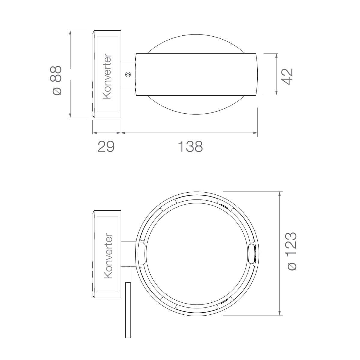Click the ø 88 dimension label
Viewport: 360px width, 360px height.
56,80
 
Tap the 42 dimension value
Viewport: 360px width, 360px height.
287,76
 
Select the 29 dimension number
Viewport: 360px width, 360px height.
106,147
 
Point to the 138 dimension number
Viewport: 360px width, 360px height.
190,147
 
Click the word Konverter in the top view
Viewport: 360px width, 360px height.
107,76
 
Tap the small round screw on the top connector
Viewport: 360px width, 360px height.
128,74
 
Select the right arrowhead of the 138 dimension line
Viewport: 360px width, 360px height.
255,133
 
